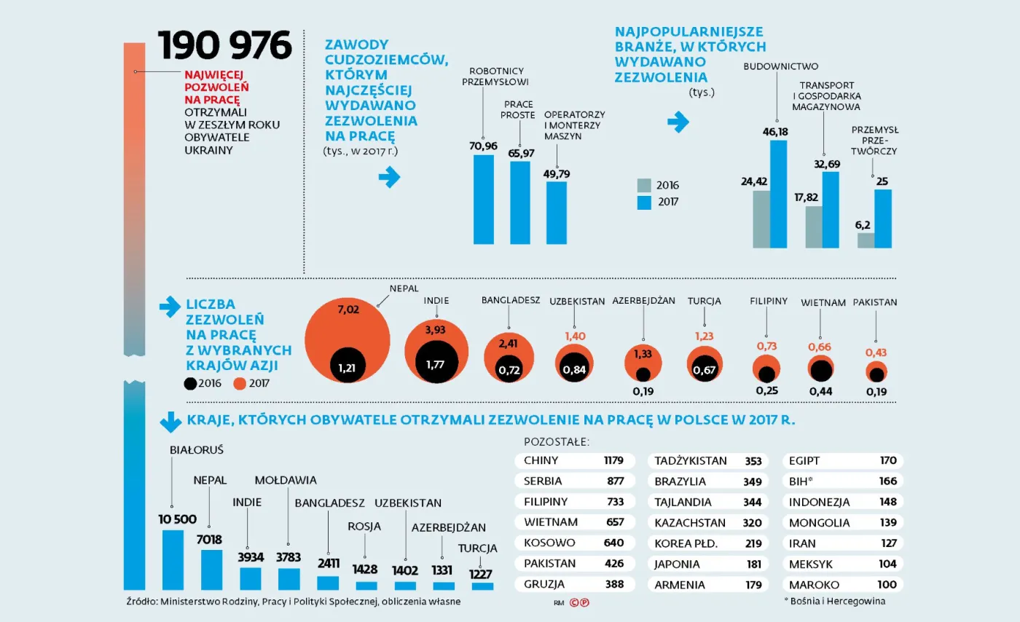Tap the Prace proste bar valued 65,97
coord(520,202)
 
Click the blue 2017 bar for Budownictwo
coord(779,194)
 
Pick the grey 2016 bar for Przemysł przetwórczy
coord(866,240)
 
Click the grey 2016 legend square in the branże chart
coord(644,185)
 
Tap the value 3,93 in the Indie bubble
coord(435,331)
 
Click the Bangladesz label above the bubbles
coord(510,300)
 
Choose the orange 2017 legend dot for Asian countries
coord(240,382)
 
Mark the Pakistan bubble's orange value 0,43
coord(876,353)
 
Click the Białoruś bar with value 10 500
coord(173,559)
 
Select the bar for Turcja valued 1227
coord(482,586)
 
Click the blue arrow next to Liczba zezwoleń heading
coord(169,308)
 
